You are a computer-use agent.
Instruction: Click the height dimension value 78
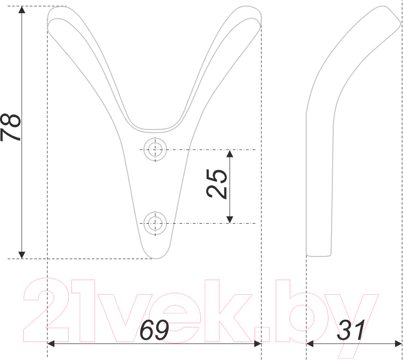pyautogui.click(x=11, y=127)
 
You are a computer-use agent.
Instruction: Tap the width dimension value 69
pyautogui.click(x=154, y=330)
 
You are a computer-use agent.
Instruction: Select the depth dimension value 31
pyautogui.click(x=351, y=330)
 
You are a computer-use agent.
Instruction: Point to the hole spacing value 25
pyautogui.click(x=216, y=184)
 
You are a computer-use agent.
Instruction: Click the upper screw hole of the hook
pyautogui.click(x=155, y=150)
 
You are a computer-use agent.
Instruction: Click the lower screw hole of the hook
pyautogui.click(x=155, y=223)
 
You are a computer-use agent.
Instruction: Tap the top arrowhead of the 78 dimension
pyautogui.click(x=22, y=9)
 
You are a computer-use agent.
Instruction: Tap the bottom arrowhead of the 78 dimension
pyautogui.click(x=22, y=255)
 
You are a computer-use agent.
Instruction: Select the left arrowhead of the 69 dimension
pyautogui.click(x=51, y=344)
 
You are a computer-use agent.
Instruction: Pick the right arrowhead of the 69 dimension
pyautogui.click(x=258, y=344)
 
